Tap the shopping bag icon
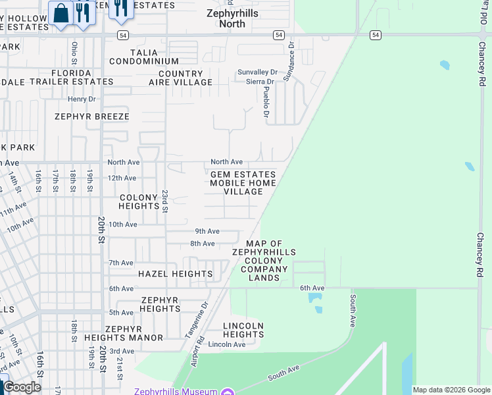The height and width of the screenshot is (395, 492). (x=61, y=13)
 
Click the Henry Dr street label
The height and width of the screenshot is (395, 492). (x=82, y=99)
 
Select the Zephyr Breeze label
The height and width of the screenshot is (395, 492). (x=92, y=117)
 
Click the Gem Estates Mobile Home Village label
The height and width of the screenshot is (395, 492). (x=243, y=183)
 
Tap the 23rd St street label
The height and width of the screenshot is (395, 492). (x=165, y=200)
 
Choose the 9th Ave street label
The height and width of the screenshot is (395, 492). (x=207, y=231)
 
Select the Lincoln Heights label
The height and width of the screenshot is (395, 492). (x=243, y=330)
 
